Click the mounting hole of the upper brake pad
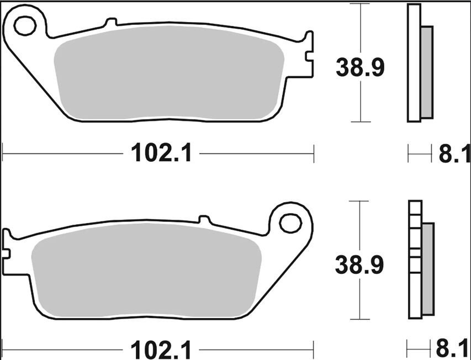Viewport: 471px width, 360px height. click(x=25, y=26)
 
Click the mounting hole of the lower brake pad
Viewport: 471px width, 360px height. click(x=290, y=223)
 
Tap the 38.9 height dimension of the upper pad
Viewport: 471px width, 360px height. click(x=360, y=67)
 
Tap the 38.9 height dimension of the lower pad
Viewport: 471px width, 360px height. click(x=359, y=264)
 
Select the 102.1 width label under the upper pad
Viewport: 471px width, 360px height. click(x=161, y=153)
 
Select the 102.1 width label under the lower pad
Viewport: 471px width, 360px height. click(x=161, y=350)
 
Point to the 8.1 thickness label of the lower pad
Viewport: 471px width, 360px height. click(x=453, y=349)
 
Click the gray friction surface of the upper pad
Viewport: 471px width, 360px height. click(x=169, y=73)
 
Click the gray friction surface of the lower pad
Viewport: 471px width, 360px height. click(x=146, y=270)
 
